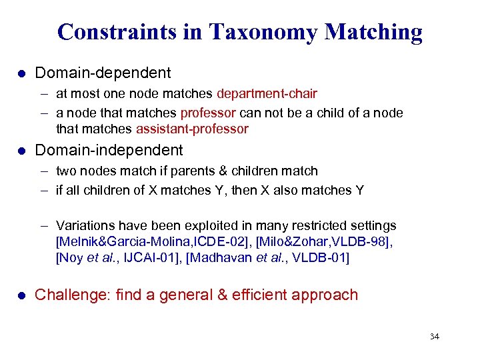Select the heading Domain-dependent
pos(103,72)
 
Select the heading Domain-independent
pos(109,150)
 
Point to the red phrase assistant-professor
pos(192,129)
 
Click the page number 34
pos(434,337)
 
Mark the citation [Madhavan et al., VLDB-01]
pos(268,257)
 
